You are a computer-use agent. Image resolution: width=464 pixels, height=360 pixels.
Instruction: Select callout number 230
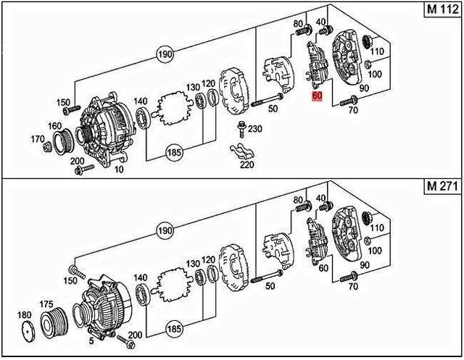point(254,130)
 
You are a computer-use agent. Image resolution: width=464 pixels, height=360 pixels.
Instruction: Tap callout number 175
point(46,305)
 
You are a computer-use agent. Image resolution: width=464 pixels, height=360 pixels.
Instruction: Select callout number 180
point(24,316)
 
